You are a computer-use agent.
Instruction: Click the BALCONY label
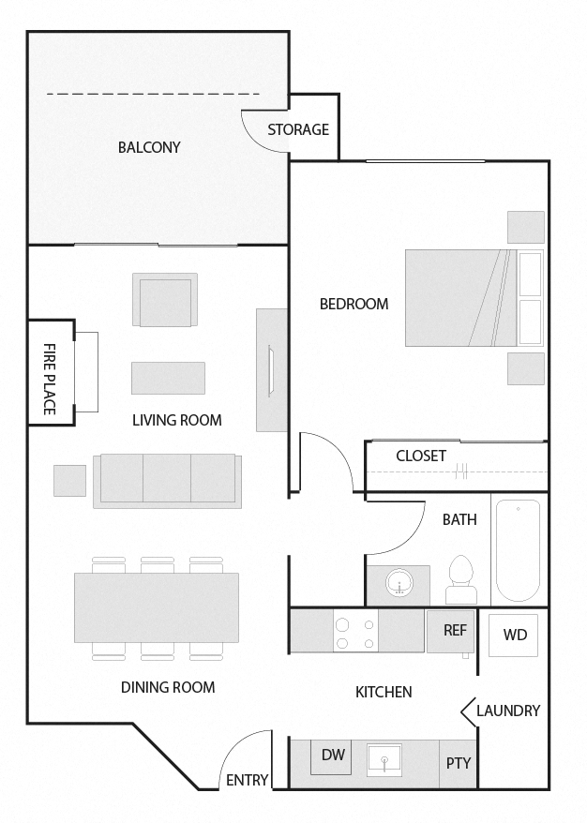pos(149,147)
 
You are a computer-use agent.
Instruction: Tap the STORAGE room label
pos(298,129)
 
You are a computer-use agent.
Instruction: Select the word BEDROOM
pos(354,304)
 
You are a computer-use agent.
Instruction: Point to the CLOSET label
pos(421,456)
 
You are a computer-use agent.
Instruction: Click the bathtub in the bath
pos(517,550)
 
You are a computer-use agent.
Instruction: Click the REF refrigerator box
pos(455,630)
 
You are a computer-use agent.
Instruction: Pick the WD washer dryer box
pos(515,635)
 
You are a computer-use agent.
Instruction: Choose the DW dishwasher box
pos(332,756)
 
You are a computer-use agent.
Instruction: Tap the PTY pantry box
pos(459,763)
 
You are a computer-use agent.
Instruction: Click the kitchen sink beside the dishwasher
pos(384,758)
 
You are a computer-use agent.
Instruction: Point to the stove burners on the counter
pos(355,631)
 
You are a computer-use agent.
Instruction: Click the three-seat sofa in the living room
pos(167,479)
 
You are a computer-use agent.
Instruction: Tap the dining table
pos(157,607)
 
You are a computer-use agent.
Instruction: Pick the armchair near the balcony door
pos(165,300)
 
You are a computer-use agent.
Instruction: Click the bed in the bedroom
pos(460,297)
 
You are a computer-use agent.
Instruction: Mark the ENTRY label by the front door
pos(248,780)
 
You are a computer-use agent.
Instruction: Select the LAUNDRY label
pos(507,711)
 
